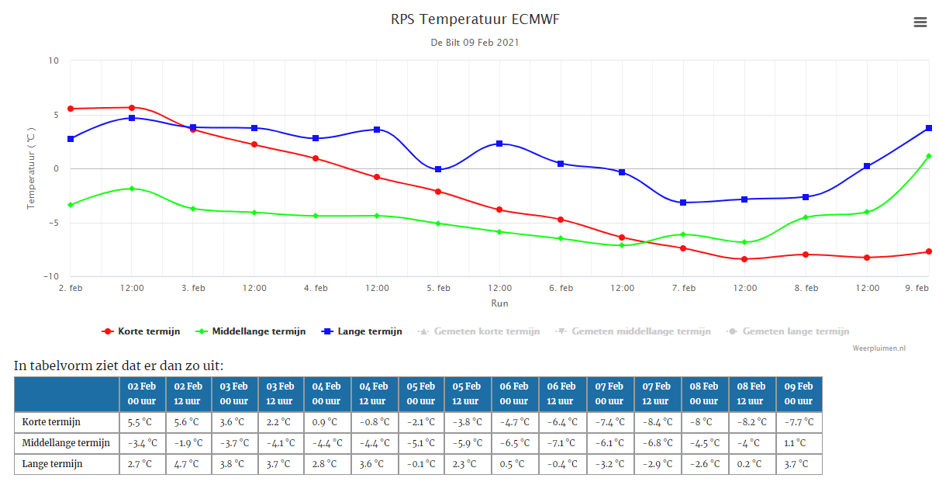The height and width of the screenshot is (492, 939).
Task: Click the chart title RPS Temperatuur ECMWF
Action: coord(475,19)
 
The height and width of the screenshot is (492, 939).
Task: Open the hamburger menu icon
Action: coord(920,23)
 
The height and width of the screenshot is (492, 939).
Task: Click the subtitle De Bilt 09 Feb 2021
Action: coord(475,43)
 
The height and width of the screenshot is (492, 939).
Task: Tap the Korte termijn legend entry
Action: coord(141,331)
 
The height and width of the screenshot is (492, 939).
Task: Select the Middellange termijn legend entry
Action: coord(250,331)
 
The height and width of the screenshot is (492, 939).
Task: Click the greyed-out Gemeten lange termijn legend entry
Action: coord(788,331)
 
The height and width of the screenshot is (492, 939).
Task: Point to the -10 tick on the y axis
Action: coord(51,276)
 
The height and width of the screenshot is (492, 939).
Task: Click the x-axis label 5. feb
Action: coord(438,288)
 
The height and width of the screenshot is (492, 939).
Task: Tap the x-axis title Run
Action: coord(499,303)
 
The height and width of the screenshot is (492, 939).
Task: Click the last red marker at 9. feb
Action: coord(929,251)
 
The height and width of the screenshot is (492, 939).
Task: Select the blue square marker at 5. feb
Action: coord(438,169)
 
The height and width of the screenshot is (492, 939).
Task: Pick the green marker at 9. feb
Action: coord(929,156)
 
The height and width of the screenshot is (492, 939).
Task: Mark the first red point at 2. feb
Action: coord(71,109)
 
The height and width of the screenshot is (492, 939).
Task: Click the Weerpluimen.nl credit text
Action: coord(879,348)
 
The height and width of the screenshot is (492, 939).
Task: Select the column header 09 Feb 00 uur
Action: coord(799,393)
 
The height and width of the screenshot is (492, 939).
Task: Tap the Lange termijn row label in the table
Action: coord(52,464)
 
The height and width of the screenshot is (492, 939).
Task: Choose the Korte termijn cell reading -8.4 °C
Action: coord(658,422)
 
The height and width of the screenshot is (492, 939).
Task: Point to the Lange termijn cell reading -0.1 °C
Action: coord(421,464)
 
